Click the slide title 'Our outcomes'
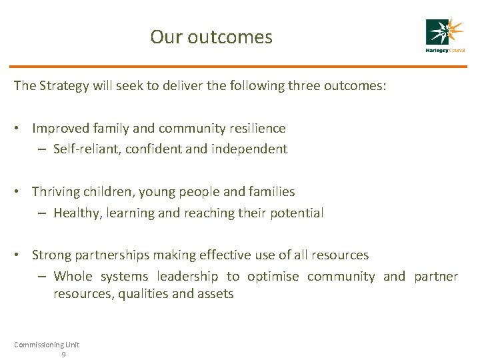211,37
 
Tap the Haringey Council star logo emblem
445,32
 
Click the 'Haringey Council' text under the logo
445,51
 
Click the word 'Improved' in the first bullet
59,128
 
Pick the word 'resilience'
256,128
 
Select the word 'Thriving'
57,192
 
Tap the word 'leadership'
187,276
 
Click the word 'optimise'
273,276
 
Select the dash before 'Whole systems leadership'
41,276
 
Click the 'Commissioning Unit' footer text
47,344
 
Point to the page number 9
63,355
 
